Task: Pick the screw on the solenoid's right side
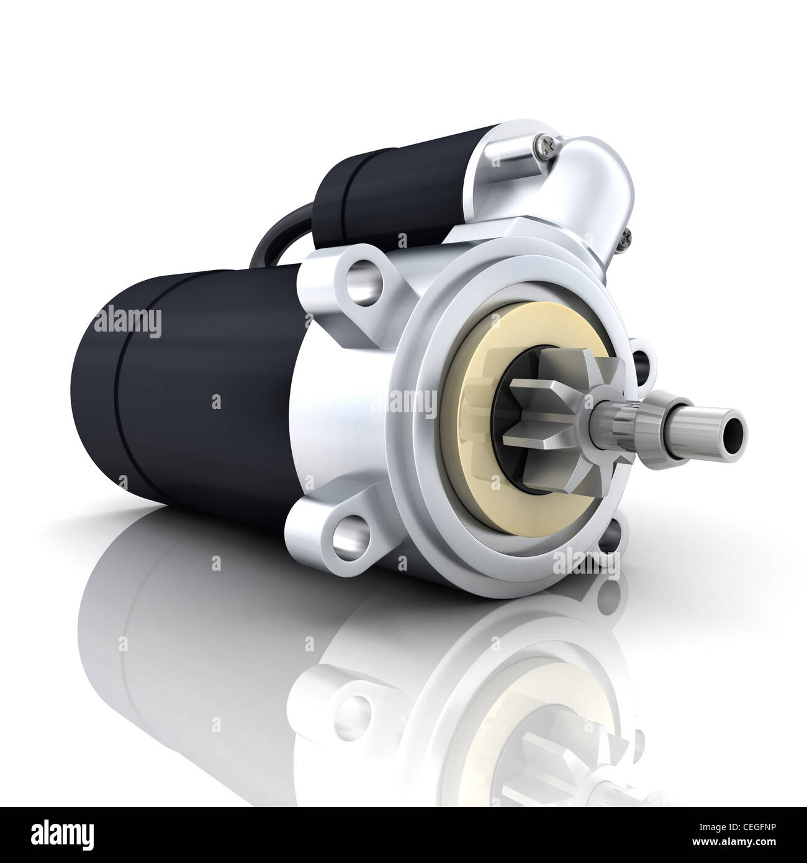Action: (x=629, y=235)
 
